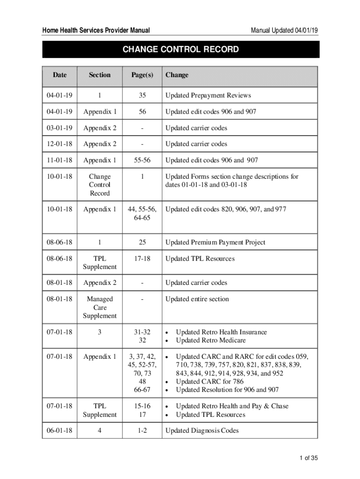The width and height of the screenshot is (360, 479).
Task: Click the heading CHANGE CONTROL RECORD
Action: click(180, 50)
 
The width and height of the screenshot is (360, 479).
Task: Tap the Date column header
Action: click(59, 75)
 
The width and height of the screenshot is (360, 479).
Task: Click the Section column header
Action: click(100, 75)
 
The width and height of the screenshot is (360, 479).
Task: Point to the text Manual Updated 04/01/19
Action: click(285, 30)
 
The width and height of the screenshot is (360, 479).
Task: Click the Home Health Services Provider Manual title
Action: click(96, 30)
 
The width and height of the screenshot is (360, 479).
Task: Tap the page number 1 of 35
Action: click(309, 458)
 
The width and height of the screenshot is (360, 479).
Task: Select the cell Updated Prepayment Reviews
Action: click(208, 95)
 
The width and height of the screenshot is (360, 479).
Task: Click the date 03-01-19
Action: click(59, 128)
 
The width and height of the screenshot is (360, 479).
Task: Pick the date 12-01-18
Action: click(59, 144)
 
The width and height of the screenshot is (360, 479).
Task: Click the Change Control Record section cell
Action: click(100, 185)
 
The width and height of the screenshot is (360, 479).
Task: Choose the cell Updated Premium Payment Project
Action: click(215, 242)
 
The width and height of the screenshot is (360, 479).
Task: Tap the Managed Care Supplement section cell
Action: click(100, 307)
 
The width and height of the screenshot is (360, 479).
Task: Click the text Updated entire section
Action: click(197, 299)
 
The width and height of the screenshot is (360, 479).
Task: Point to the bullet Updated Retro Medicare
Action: click(210, 340)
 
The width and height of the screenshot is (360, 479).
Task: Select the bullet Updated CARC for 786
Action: click(209, 382)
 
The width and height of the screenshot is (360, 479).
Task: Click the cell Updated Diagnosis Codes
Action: click(202, 430)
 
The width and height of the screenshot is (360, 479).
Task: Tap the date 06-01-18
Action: click(59, 430)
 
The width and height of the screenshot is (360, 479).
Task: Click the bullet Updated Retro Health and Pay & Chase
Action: click(232, 406)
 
